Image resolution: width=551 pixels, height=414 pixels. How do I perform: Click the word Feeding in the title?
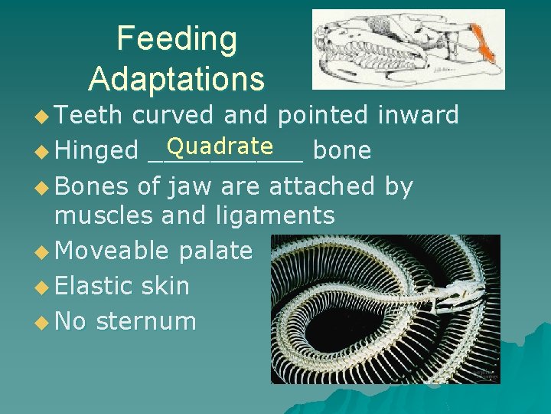(x=177, y=40)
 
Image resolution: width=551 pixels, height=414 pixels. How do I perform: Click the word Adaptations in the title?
(x=177, y=78)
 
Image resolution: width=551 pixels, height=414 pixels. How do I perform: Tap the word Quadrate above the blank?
(x=220, y=145)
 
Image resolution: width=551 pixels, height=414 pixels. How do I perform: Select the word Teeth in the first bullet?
(x=89, y=115)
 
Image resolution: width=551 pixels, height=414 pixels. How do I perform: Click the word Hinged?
(x=96, y=150)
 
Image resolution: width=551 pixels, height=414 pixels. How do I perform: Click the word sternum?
(x=146, y=320)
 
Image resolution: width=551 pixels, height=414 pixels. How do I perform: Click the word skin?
(x=166, y=285)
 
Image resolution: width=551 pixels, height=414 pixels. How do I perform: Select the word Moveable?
(x=112, y=250)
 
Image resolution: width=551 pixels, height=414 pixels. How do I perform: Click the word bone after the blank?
(x=342, y=150)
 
